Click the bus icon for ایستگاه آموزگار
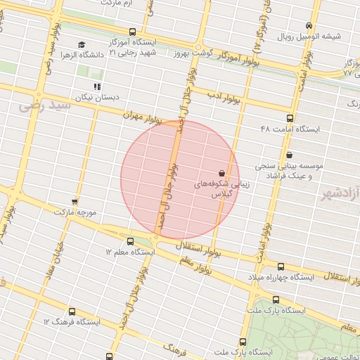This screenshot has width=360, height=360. pyautogui.click(x=134, y=31)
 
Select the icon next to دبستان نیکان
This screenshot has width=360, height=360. pyautogui.click(x=97, y=86)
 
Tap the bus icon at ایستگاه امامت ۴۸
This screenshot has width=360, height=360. pyautogui.click(x=290, y=118)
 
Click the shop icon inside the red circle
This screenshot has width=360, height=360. pyautogui.click(x=222, y=172)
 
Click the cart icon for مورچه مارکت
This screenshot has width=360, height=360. pyautogui.click(x=74, y=202)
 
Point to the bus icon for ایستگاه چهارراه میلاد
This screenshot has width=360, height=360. pyautogui.click(x=281, y=266)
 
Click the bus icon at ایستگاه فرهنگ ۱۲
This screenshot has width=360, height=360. pyautogui.click(x=72, y=311)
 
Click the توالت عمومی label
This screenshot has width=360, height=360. pyautogui.click(x=340, y=356)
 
